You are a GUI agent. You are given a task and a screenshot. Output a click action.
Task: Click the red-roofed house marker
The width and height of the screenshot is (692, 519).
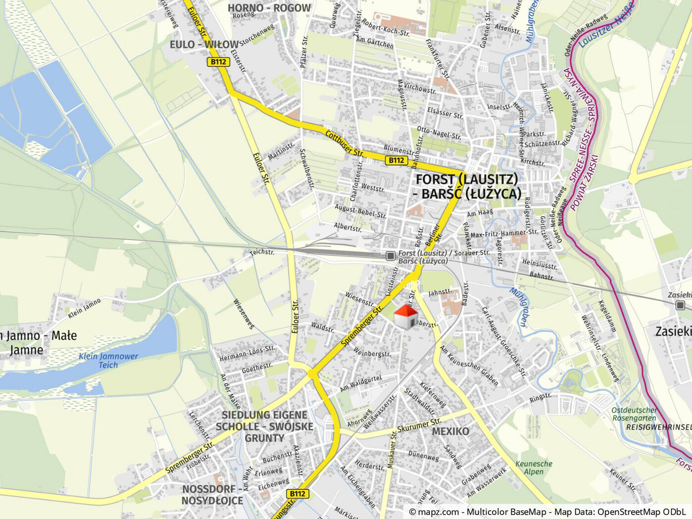coord(405,317)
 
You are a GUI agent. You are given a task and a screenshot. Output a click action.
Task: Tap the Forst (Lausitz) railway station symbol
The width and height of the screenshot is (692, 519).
coord(391,256)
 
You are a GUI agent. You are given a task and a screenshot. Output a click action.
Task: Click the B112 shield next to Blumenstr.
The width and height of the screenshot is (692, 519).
coord(396,160)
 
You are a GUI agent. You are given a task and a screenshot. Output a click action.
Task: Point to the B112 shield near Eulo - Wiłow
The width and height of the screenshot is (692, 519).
coord(218,62)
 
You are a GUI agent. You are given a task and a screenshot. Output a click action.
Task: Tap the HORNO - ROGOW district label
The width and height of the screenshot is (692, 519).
coord(269,8)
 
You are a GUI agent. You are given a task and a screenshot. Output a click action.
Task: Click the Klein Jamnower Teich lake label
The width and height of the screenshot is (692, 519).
coord(108,361)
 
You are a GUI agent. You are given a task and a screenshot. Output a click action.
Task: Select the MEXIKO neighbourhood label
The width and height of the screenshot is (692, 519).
coord(450,431)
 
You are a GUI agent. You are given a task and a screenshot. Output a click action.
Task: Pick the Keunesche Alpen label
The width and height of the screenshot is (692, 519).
coord(534,468)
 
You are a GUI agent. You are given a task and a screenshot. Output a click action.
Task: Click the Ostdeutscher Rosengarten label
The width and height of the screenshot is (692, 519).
coord(634,414)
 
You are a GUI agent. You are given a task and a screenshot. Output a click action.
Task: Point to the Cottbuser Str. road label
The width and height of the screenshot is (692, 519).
coord(345,143)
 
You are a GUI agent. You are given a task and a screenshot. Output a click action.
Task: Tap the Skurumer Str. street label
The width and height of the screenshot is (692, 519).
coord(419,425)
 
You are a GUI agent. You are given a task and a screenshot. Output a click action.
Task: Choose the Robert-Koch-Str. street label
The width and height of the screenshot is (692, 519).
coord(386,28)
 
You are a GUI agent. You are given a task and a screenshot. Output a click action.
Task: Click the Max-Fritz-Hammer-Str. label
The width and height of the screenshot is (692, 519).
coord(503,233)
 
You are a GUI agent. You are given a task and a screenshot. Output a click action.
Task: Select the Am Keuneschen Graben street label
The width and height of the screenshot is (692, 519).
coord(469,365)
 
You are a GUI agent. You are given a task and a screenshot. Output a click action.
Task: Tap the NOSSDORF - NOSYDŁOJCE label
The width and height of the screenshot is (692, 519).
coord(212,495)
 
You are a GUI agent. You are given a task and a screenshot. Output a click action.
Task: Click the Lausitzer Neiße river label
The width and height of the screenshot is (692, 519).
coord(607,25)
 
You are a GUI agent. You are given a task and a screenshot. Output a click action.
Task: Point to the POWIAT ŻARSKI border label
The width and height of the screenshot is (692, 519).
coord(584,183)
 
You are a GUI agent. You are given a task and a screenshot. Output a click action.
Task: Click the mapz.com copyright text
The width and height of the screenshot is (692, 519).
coord(547,512)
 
